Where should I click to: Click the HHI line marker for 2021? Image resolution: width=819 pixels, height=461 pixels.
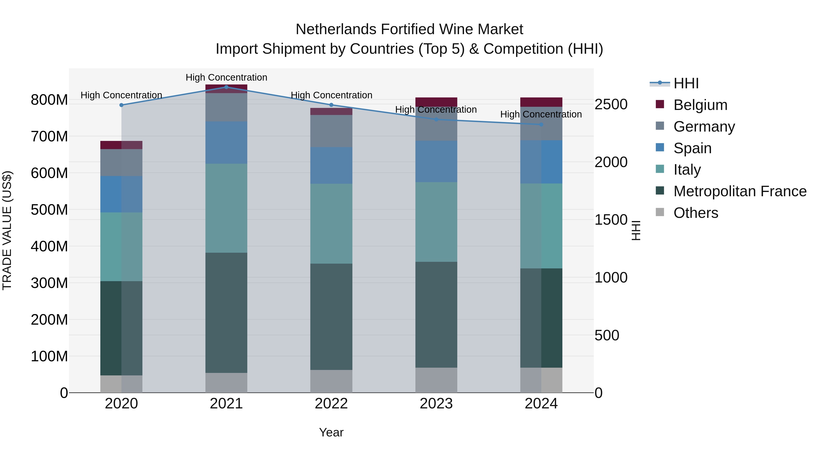coord(226,87)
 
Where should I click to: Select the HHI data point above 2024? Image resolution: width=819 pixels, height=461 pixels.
coord(541,124)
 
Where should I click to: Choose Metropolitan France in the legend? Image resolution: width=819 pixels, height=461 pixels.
coord(740,191)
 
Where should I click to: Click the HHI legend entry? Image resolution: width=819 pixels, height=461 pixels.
coord(686,83)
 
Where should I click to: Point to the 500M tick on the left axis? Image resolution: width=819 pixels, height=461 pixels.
coord(49,210)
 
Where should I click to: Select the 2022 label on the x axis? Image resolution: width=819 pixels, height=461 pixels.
coord(331,404)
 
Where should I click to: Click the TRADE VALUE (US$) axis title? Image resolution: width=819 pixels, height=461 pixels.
coord(7,230)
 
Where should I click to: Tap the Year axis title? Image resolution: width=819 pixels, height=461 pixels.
coord(331,432)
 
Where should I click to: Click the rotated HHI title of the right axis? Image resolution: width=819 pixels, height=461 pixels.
coord(636,230)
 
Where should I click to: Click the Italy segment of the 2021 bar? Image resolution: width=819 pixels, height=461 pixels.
coord(226,208)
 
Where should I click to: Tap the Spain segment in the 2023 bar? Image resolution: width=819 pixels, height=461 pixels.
coord(436,162)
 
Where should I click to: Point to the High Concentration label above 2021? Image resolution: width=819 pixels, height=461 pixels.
coord(226,77)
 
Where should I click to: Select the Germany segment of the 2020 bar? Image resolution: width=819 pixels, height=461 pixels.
coord(121,162)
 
